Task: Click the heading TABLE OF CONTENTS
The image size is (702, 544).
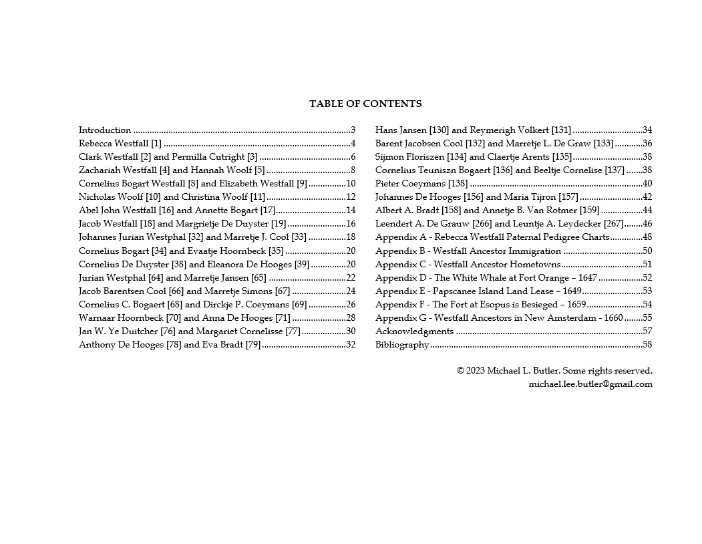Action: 365,104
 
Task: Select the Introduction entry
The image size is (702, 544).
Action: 105,130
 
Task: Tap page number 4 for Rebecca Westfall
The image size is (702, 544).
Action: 353,144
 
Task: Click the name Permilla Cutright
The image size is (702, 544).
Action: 208,157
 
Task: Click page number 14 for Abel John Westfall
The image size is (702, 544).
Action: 351,211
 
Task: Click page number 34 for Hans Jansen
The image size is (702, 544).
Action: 647,130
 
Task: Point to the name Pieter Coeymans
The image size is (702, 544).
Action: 410,184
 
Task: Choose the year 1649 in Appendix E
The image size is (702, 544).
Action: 570,291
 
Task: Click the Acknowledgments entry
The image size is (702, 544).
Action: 414,331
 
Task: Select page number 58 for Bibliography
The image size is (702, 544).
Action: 647,345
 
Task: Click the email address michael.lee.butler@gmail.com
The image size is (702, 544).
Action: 590,384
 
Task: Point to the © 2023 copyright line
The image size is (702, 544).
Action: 554,371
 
